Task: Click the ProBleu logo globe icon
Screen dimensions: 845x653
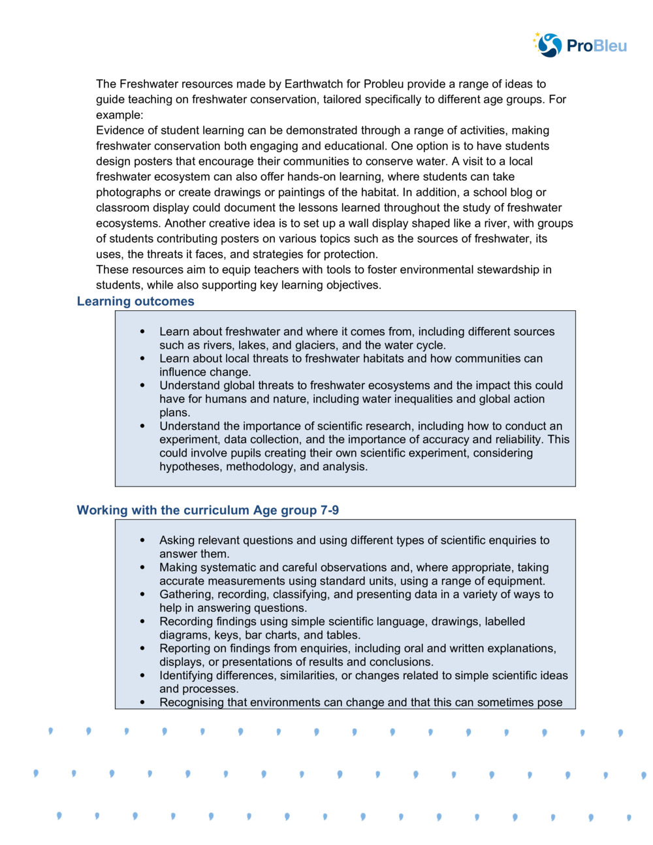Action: pos(549,45)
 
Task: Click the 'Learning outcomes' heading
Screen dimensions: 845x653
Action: pos(135,302)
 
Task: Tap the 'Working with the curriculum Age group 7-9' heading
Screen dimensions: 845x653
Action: pos(208,511)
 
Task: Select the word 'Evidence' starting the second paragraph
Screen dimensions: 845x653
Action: pos(118,131)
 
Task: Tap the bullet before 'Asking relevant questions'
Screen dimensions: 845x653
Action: pos(142,541)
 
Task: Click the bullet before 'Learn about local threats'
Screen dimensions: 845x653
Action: pos(142,359)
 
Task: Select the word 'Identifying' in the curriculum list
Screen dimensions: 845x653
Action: pos(187,676)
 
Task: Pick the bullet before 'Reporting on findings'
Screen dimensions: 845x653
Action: pos(142,649)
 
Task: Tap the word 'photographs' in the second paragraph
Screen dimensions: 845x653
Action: pos(128,193)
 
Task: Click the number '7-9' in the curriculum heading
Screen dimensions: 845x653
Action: pos(329,511)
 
